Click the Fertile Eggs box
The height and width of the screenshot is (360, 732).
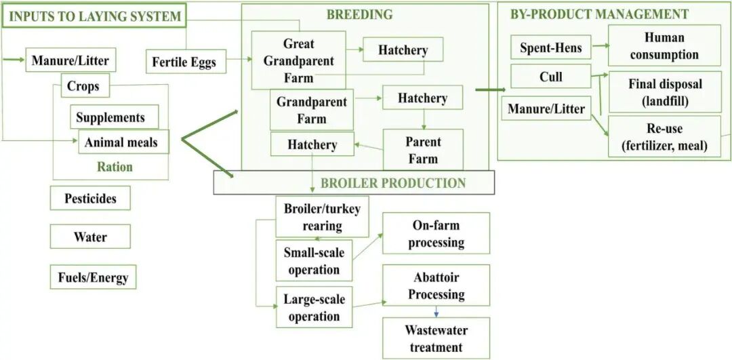(184, 62)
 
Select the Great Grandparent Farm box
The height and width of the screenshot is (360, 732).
(298, 60)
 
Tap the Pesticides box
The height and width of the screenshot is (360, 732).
(90, 199)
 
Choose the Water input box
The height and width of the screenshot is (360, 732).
(90, 237)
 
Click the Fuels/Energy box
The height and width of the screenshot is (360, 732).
(92, 277)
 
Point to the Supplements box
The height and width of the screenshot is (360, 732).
(110, 117)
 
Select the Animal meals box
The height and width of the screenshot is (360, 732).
(121, 142)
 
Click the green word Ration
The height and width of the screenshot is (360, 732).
(115, 167)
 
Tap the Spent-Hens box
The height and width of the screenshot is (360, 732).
(550, 47)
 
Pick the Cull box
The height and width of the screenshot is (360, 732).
(550, 77)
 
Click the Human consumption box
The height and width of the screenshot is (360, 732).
(664, 45)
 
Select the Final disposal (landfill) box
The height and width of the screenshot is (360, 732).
(664, 93)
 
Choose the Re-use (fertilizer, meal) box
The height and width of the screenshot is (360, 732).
(664, 136)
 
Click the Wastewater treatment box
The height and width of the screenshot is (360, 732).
(436, 338)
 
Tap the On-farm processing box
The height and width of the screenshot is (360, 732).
(436, 233)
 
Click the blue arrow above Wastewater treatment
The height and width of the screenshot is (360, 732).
(436, 312)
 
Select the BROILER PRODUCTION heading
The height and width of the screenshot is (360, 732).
(392, 183)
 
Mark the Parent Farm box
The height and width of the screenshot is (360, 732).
(422, 151)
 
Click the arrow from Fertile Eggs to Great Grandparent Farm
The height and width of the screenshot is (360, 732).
(237, 60)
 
